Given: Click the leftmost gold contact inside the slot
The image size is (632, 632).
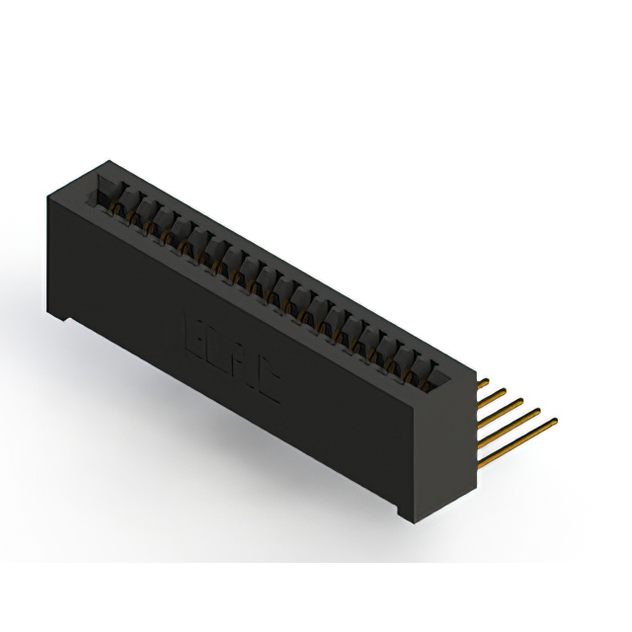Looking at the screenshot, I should pos(120,202).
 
